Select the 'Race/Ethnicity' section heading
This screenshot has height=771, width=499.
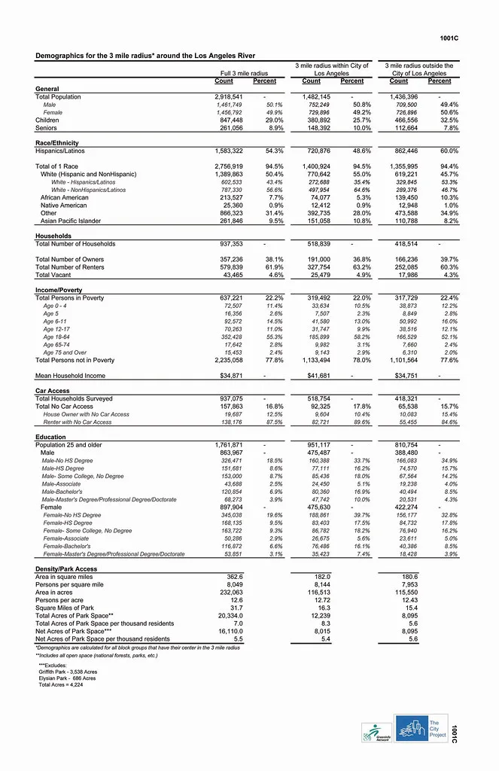57,143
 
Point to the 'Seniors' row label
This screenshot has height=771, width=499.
47,128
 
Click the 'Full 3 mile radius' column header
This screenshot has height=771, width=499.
244,73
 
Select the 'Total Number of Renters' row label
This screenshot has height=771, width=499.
70,267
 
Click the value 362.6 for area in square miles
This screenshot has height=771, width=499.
233,577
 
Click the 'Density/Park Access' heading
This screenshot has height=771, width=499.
66,568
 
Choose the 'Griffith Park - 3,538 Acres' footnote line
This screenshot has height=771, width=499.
68,671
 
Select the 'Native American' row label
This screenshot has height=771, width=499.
63,206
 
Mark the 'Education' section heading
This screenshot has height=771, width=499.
50,437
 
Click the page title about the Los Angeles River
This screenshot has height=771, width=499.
145,56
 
